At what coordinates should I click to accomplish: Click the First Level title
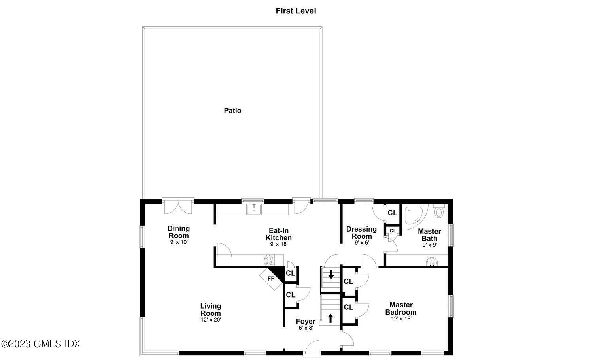296,11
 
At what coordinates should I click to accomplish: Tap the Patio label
232,111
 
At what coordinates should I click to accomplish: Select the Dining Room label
179,232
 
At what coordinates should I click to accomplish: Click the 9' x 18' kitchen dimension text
278,244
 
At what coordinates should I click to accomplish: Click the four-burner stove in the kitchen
269,260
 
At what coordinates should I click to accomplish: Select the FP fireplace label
271,279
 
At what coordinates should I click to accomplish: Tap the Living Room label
210,309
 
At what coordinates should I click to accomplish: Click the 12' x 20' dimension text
210,320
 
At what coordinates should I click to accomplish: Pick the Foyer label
306,321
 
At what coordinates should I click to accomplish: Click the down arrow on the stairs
331,274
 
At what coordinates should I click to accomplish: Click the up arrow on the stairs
330,317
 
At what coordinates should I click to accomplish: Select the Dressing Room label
361,232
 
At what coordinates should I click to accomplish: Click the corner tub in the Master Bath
413,215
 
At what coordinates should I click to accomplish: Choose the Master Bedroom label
401,308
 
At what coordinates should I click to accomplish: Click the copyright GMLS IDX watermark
41,344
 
